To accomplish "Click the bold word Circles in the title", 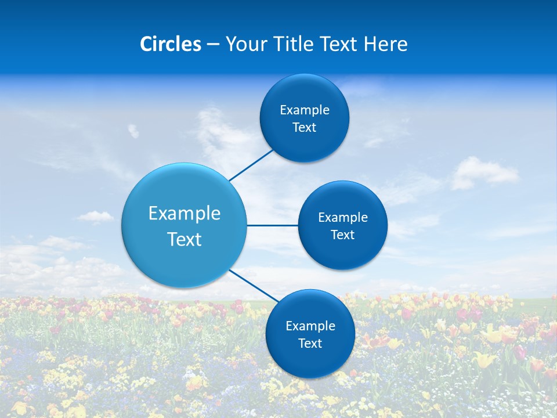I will coord(171,44).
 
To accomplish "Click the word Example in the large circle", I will coord(185,214).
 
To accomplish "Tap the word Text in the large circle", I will coord(185,239).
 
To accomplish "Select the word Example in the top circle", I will coord(305,110).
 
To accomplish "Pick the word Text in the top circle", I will coord(305,128).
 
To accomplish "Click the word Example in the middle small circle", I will coord(343,218).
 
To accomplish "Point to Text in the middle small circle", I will coord(343,235).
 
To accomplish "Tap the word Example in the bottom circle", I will coord(310,326).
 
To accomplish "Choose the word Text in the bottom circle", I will coord(310,344).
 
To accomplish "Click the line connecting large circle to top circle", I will coord(251,165).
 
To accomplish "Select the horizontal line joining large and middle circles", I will coord(272,225).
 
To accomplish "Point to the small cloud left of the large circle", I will coord(95,217).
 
